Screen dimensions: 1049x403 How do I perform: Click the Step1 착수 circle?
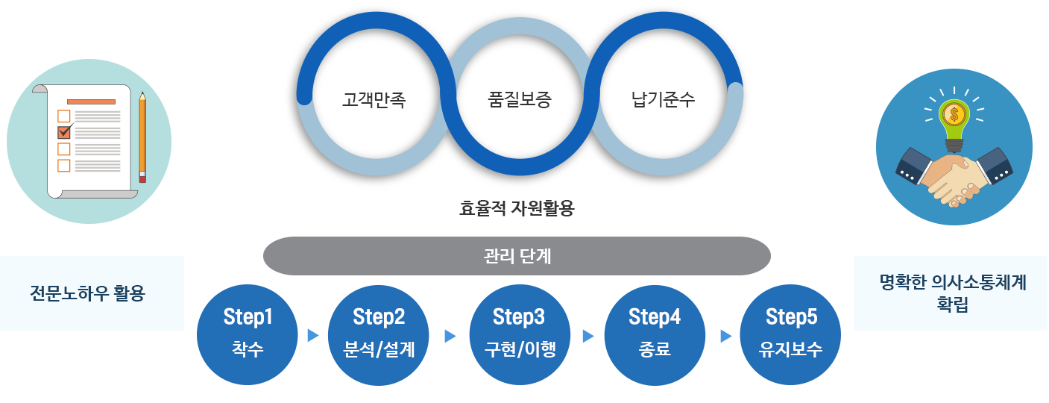(248, 334)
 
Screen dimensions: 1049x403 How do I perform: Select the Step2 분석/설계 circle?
(379, 334)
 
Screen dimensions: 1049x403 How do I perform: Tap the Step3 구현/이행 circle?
(520, 334)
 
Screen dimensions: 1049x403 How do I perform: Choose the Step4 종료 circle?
(655, 334)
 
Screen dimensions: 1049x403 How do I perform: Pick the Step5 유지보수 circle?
(790, 334)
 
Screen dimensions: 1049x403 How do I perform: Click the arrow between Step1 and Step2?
(313, 336)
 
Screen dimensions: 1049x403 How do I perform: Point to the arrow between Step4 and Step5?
(726, 336)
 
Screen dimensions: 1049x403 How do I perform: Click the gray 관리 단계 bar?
(517, 256)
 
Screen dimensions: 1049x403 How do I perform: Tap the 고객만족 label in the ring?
(374, 99)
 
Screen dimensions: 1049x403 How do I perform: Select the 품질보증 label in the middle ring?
(520, 99)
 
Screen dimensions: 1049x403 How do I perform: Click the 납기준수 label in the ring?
(663, 99)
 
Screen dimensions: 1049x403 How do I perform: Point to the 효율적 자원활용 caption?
(517, 208)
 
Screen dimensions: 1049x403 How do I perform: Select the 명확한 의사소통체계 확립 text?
(953, 293)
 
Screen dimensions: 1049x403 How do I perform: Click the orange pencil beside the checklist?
(142, 137)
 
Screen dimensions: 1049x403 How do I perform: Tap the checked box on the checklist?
(63, 132)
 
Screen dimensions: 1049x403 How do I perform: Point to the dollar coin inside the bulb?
(954, 114)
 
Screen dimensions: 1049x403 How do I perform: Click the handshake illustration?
(954, 177)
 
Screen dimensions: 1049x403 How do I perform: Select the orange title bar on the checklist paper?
(91, 101)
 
